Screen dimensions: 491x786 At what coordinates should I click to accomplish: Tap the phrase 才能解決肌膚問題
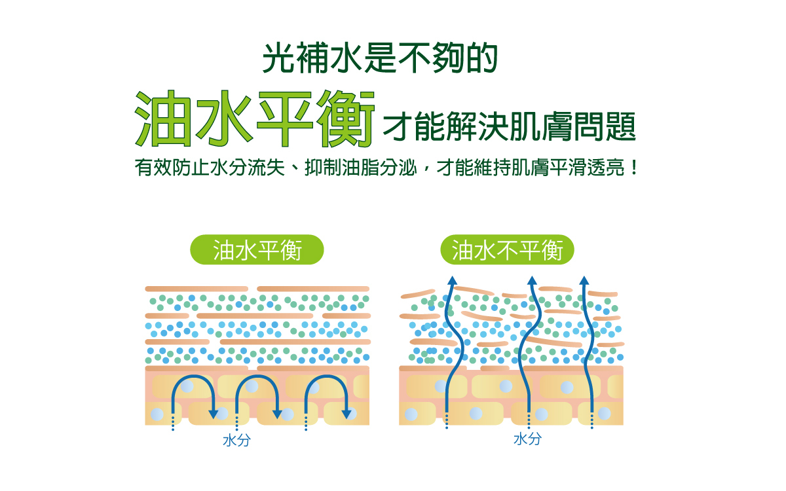click(510, 127)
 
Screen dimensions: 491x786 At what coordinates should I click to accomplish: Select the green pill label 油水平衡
click(257, 249)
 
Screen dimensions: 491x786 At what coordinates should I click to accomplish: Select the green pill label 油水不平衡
click(508, 249)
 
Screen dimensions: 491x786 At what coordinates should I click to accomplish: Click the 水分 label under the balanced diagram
click(236, 441)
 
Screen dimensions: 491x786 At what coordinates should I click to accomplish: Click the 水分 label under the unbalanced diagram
click(527, 439)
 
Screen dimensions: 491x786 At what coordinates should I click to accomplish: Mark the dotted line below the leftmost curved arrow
click(173, 422)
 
